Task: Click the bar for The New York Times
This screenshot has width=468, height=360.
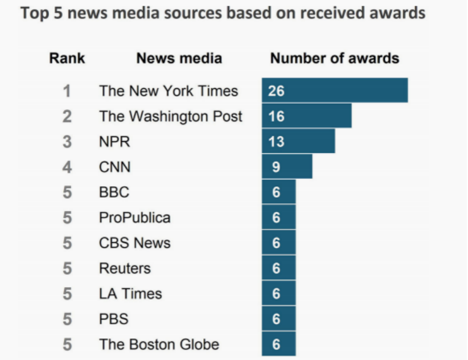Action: (335, 91)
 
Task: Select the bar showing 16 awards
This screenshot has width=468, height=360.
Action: (306, 116)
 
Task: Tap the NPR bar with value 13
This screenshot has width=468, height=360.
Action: (298, 141)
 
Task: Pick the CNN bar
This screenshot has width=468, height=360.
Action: (287, 166)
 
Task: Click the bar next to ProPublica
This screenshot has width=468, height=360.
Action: (279, 217)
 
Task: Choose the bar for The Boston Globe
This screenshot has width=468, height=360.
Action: (279, 344)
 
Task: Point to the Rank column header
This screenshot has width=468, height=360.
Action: (67, 58)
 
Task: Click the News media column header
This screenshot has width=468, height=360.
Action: (179, 58)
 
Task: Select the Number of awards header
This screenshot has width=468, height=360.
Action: (335, 58)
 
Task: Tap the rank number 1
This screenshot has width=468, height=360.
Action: (67, 91)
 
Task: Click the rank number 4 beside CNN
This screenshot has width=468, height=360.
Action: (67, 167)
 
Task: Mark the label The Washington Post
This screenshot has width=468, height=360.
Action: (170, 116)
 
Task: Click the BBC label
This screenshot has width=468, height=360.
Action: (114, 192)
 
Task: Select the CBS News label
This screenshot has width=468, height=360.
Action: (134, 243)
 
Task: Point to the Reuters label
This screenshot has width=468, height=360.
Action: (125, 268)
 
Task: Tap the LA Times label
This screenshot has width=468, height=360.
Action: (130, 293)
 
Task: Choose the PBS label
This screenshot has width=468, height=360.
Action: (114, 318)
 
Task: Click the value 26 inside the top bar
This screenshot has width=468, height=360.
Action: (276, 91)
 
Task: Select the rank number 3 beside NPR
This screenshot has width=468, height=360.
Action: (67, 142)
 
